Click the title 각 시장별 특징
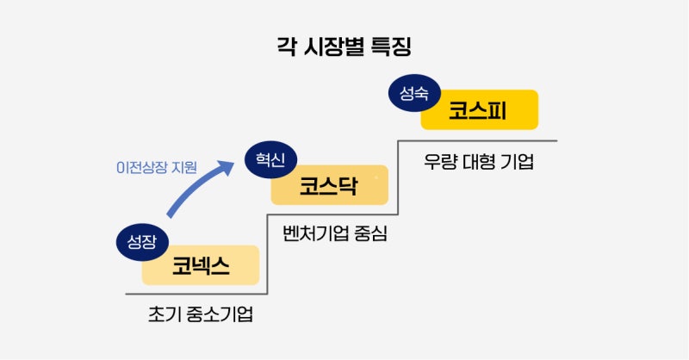pos(344,47)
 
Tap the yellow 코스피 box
pos(480,110)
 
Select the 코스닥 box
pos(330,185)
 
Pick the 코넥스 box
pos(201,265)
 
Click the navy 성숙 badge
pos(414,93)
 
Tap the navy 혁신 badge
pos(271,159)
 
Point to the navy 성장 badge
pos(142,242)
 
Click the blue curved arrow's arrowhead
pos(227,167)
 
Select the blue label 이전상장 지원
pos(157,167)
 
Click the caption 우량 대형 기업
pos(479,161)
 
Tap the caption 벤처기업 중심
pos(335,233)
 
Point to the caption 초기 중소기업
pos(201,314)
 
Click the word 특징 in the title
pos(392,47)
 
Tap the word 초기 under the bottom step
pos(163,314)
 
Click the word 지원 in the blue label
pos(184,167)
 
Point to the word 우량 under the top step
pos(440,161)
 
